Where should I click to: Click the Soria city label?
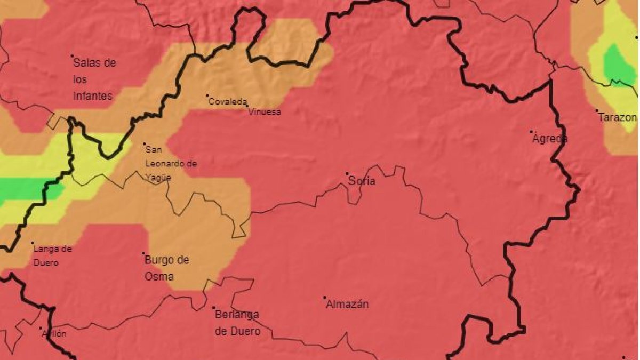click(x=362, y=181)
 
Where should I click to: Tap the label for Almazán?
click(x=347, y=305)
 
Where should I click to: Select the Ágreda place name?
click(x=550, y=139)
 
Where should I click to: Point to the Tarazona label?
click(x=617, y=117)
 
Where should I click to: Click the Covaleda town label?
click(x=228, y=101)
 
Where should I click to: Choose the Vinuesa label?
click(x=265, y=112)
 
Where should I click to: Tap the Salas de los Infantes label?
click(x=94, y=79)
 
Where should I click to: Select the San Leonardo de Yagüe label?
click(x=171, y=164)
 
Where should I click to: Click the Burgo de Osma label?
click(x=167, y=268)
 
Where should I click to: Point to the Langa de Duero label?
click(x=52, y=255)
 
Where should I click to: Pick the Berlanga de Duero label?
click(x=237, y=323)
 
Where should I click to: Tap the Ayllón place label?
click(x=54, y=334)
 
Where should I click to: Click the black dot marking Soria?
click(x=347, y=173)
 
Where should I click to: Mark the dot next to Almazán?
click(x=325, y=298)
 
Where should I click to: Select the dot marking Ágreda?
click(x=531, y=132)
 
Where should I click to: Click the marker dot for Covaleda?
click(x=207, y=96)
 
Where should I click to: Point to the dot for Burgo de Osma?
click(x=143, y=253)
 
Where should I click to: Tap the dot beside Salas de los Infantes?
click(x=72, y=55)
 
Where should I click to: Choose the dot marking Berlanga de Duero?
click(x=214, y=308)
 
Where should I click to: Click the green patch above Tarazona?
click(x=619, y=65)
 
